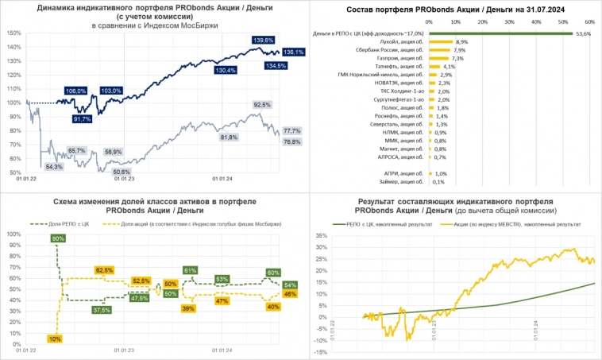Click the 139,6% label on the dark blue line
coord(263,40)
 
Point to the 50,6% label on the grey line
coord(122,172)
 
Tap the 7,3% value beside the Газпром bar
coord(457,58)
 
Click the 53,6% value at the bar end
coord(583,34)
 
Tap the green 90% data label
coord(58,238)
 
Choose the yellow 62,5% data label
coord(105,270)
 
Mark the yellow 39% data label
coord(188,308)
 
